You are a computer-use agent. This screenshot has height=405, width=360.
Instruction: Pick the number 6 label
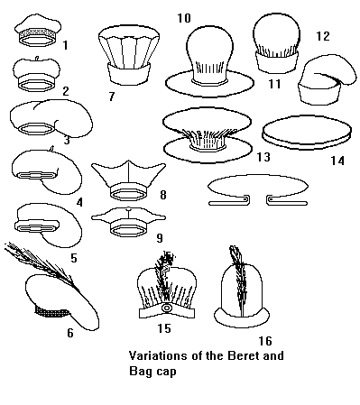70,333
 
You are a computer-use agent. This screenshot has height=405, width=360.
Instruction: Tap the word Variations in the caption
149,356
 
